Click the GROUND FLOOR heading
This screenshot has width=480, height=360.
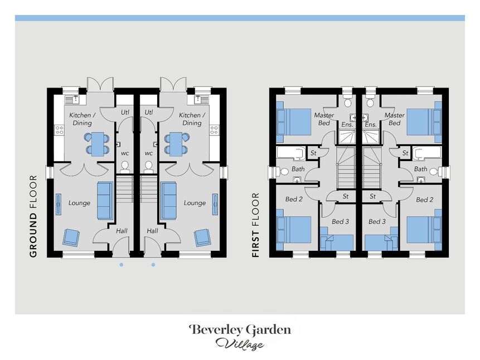pyautogui.click(x=33, y=216)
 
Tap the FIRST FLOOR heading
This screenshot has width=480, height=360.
pyautogui.click(x=256, y=225)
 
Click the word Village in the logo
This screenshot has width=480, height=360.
pyautogui.click(x=240, y=344)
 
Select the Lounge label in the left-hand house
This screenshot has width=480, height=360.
pyautogui.click(x=79, y=203)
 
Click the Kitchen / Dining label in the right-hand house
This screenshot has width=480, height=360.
pyautogui.click(x=192, y=119)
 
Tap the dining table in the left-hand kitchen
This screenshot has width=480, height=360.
pyautogui.click(x=97, y=144)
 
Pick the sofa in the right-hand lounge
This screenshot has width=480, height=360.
pyautogui.click(x=168, y=201)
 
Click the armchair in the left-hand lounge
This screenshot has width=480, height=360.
pyautogui.click(x=71, y=237)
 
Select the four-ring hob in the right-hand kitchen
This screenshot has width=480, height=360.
pyautogui.click(x=214, y=130)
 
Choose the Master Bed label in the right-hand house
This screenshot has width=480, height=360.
pyautogui.click(x=394, y=119)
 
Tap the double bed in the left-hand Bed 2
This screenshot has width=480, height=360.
pyautogui.click(x=293, y=230)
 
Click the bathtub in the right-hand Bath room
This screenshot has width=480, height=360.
pyautogui.click(x=426, y=153)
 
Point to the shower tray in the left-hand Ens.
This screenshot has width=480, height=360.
pyautogui.click(x=347, y=137)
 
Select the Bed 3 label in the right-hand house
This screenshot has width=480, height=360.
pyautogui.click(x=377, y=221)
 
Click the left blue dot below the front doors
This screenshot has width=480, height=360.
pyautogui.click(x=122, y=265)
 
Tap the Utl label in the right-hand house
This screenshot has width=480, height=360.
pyautogui.click(x=148, y=113)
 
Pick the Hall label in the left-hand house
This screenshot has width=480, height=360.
pyautogui.click(x=122, y=231)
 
